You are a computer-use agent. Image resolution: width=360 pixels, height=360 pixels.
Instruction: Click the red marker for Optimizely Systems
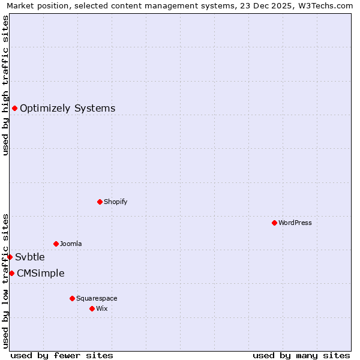(x=14, y=108)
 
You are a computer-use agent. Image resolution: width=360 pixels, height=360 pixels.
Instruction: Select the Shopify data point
(x=100, y=202)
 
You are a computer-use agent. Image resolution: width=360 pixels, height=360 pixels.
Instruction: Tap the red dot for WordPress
(x=274, y=223)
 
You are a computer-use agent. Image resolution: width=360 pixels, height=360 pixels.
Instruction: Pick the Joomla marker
(x=56, y=244)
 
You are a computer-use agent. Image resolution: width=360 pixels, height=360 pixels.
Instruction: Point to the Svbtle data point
(x=10, y=257)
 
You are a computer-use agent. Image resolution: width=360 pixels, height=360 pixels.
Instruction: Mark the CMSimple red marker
(x=11, y=273)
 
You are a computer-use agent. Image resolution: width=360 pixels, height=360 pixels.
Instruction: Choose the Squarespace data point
(x=72, y=298)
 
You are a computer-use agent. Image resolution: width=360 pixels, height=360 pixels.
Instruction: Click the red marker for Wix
(x=92, y=308)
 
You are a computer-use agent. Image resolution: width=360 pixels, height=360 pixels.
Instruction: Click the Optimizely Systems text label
(x=67, y=109)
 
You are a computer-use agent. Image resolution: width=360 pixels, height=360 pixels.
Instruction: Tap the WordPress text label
(x=295, y=223)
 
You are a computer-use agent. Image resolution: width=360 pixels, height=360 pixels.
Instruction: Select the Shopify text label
(x=115, y=202)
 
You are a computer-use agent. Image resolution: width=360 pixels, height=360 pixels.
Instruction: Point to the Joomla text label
(x=71, y=244)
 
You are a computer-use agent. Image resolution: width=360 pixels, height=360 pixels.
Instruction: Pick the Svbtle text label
(x=30, y=257)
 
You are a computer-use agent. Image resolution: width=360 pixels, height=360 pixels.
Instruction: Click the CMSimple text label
(x=40, y=274)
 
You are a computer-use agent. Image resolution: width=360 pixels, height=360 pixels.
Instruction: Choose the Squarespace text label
(x=97, y=298)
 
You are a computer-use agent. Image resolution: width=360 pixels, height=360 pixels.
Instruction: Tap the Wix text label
(x=101, y=308)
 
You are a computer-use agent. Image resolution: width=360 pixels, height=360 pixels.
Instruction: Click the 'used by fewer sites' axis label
(x=62, y=355)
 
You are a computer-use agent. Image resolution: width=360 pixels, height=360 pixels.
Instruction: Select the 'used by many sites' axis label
(x=301, y=355)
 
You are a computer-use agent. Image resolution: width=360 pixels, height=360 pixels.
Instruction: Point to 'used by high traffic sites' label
(x=5, y=85)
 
